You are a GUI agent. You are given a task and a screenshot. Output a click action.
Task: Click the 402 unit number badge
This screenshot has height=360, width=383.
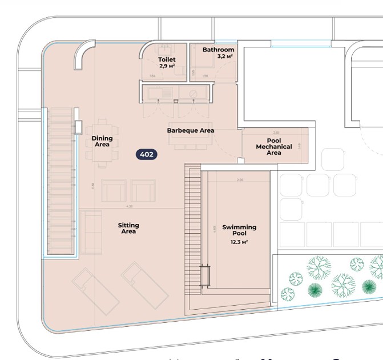(147, 154)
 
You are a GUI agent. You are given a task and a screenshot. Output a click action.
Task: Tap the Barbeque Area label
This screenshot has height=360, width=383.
(191, 131)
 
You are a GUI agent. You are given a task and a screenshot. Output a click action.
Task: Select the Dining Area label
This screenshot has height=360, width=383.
(102, 141)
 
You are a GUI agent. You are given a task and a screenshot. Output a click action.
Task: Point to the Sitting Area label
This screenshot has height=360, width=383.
(128, 229)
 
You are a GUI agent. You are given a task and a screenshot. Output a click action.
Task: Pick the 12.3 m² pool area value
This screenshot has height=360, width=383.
(239, 242)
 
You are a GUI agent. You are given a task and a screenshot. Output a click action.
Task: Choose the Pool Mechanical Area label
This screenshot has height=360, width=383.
(274, 147)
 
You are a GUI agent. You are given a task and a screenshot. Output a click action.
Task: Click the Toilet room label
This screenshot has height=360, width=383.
(167, 60)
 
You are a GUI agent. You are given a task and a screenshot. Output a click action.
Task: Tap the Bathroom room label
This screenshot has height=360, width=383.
(218, 50)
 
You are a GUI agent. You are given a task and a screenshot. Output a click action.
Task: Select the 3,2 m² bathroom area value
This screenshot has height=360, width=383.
(225, 57)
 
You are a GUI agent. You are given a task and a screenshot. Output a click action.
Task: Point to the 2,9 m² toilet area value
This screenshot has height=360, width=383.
(167, 67)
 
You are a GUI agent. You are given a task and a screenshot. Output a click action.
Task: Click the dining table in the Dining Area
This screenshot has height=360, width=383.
(102, 142)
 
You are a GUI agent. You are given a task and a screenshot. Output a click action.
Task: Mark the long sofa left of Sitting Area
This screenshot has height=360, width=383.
(90, 232)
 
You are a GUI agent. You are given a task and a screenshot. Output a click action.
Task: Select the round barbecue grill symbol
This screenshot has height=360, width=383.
(193, 93)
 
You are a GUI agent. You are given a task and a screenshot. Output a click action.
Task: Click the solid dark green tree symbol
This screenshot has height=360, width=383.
(369, 286)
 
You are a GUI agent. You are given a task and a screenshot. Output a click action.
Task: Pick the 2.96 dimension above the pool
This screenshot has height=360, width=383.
(240, 180)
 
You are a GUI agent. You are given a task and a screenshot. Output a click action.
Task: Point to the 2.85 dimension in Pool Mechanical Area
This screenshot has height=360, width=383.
(276, 133)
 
